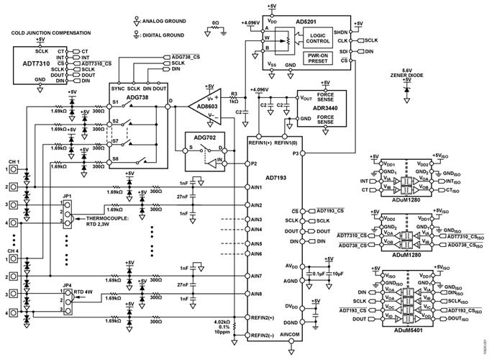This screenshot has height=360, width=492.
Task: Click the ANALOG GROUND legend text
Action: pos(167,22)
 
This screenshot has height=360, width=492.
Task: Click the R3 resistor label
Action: pos(234,94)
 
